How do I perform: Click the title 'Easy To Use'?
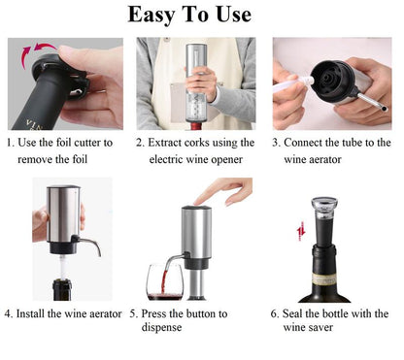click(201, 15)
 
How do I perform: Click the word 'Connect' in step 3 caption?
click(310, 143)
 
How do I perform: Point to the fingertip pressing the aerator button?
click(200, 201)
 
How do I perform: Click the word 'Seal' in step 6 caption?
click(302, 313)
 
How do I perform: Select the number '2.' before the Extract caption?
click(141, 143)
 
